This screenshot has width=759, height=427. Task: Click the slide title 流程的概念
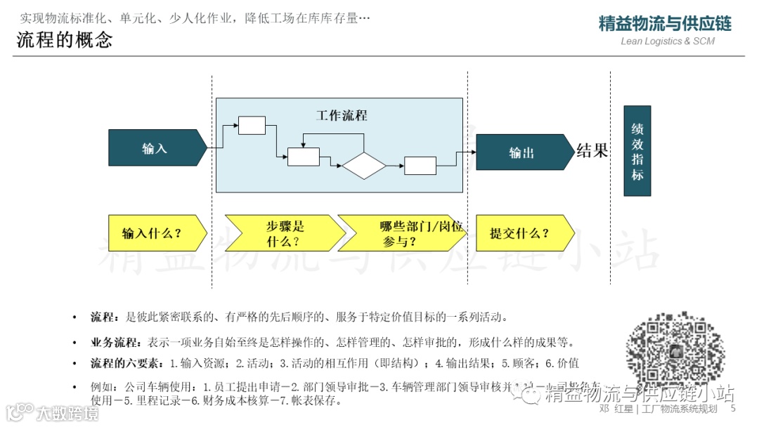click(65, 40)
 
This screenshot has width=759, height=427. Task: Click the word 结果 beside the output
click(592, 150)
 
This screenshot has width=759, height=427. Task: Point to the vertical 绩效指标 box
click(637, 150)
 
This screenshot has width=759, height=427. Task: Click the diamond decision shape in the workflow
click(364, 166)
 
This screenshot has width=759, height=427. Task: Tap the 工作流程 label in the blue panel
click(342, 115)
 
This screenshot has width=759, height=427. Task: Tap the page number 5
click(733, 409)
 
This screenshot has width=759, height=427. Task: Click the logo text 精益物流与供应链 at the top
click(665, 24)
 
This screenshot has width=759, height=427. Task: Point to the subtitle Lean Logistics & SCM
click(668, 41)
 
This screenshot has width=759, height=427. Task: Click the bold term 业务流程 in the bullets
click(116, 343)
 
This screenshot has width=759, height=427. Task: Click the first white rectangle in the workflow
click(252, 125)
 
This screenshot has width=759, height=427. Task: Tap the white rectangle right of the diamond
click(420, 166)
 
